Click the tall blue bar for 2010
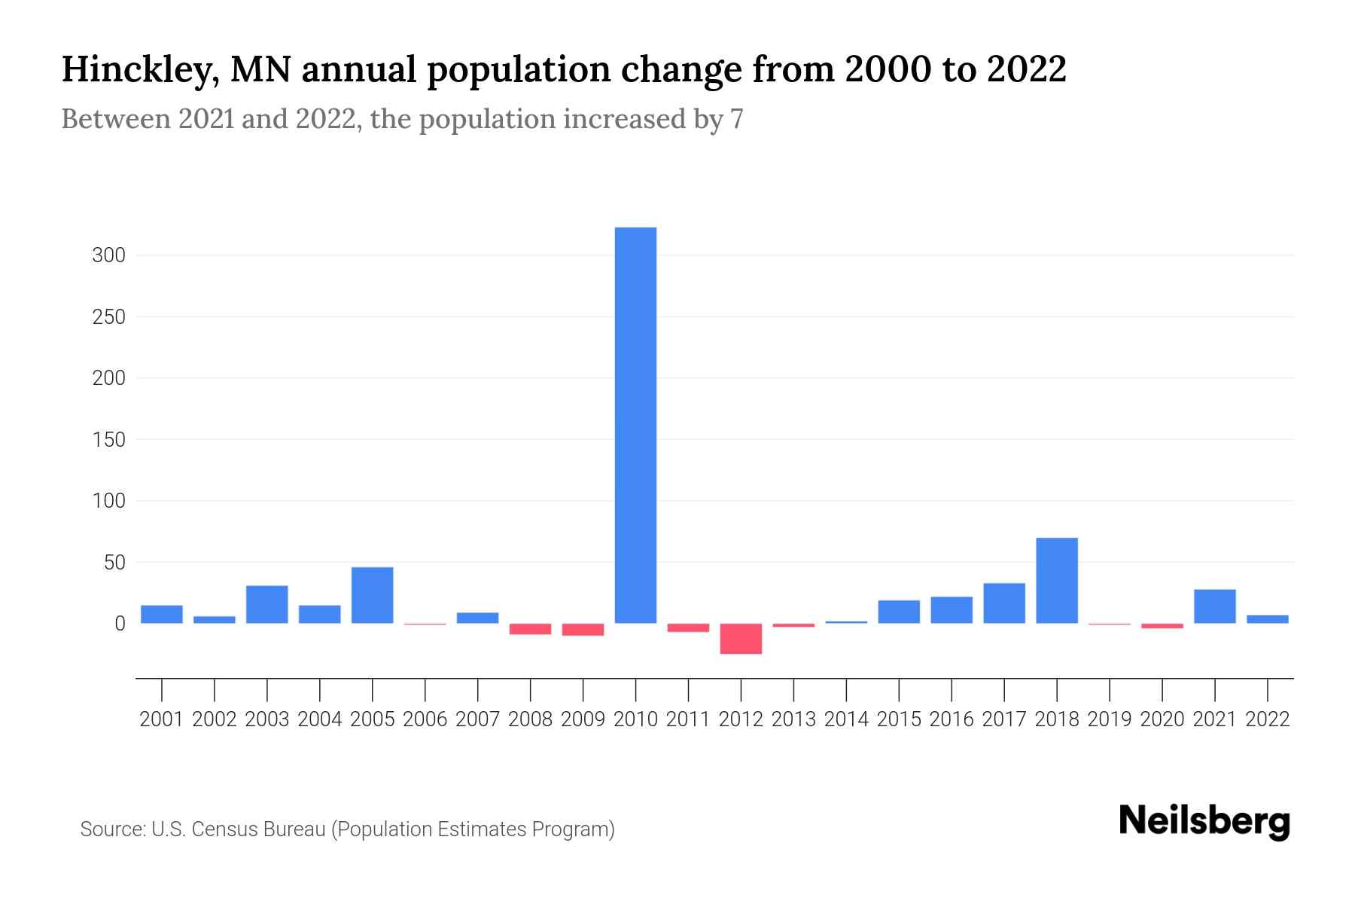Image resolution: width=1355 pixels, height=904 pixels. point(635,425)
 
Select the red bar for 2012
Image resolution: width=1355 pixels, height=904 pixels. point(741,638)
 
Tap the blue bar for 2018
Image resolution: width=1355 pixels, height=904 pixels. point(1057,580)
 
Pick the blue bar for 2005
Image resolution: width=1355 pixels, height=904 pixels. point(372,595)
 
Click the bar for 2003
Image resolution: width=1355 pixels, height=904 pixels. point(267,604)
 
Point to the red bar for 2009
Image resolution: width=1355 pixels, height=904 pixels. point(583,630)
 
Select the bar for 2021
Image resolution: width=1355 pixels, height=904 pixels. point(1214,606)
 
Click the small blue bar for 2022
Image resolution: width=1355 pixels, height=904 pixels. point(1267,619)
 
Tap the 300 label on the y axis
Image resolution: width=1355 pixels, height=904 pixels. point(108,255)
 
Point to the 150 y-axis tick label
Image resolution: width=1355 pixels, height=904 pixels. point(108,439)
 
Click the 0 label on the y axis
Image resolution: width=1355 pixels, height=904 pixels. point(119,624)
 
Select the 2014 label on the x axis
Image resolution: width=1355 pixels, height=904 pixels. point(846,719)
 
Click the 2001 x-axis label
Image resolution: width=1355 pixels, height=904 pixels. point(162,719)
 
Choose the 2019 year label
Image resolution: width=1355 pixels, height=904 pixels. point(1110,719)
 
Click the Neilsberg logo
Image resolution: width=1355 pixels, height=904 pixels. point(1204,822)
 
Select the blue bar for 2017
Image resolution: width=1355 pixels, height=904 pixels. point(1004,603)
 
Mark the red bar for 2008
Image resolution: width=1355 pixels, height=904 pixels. point(530,629)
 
